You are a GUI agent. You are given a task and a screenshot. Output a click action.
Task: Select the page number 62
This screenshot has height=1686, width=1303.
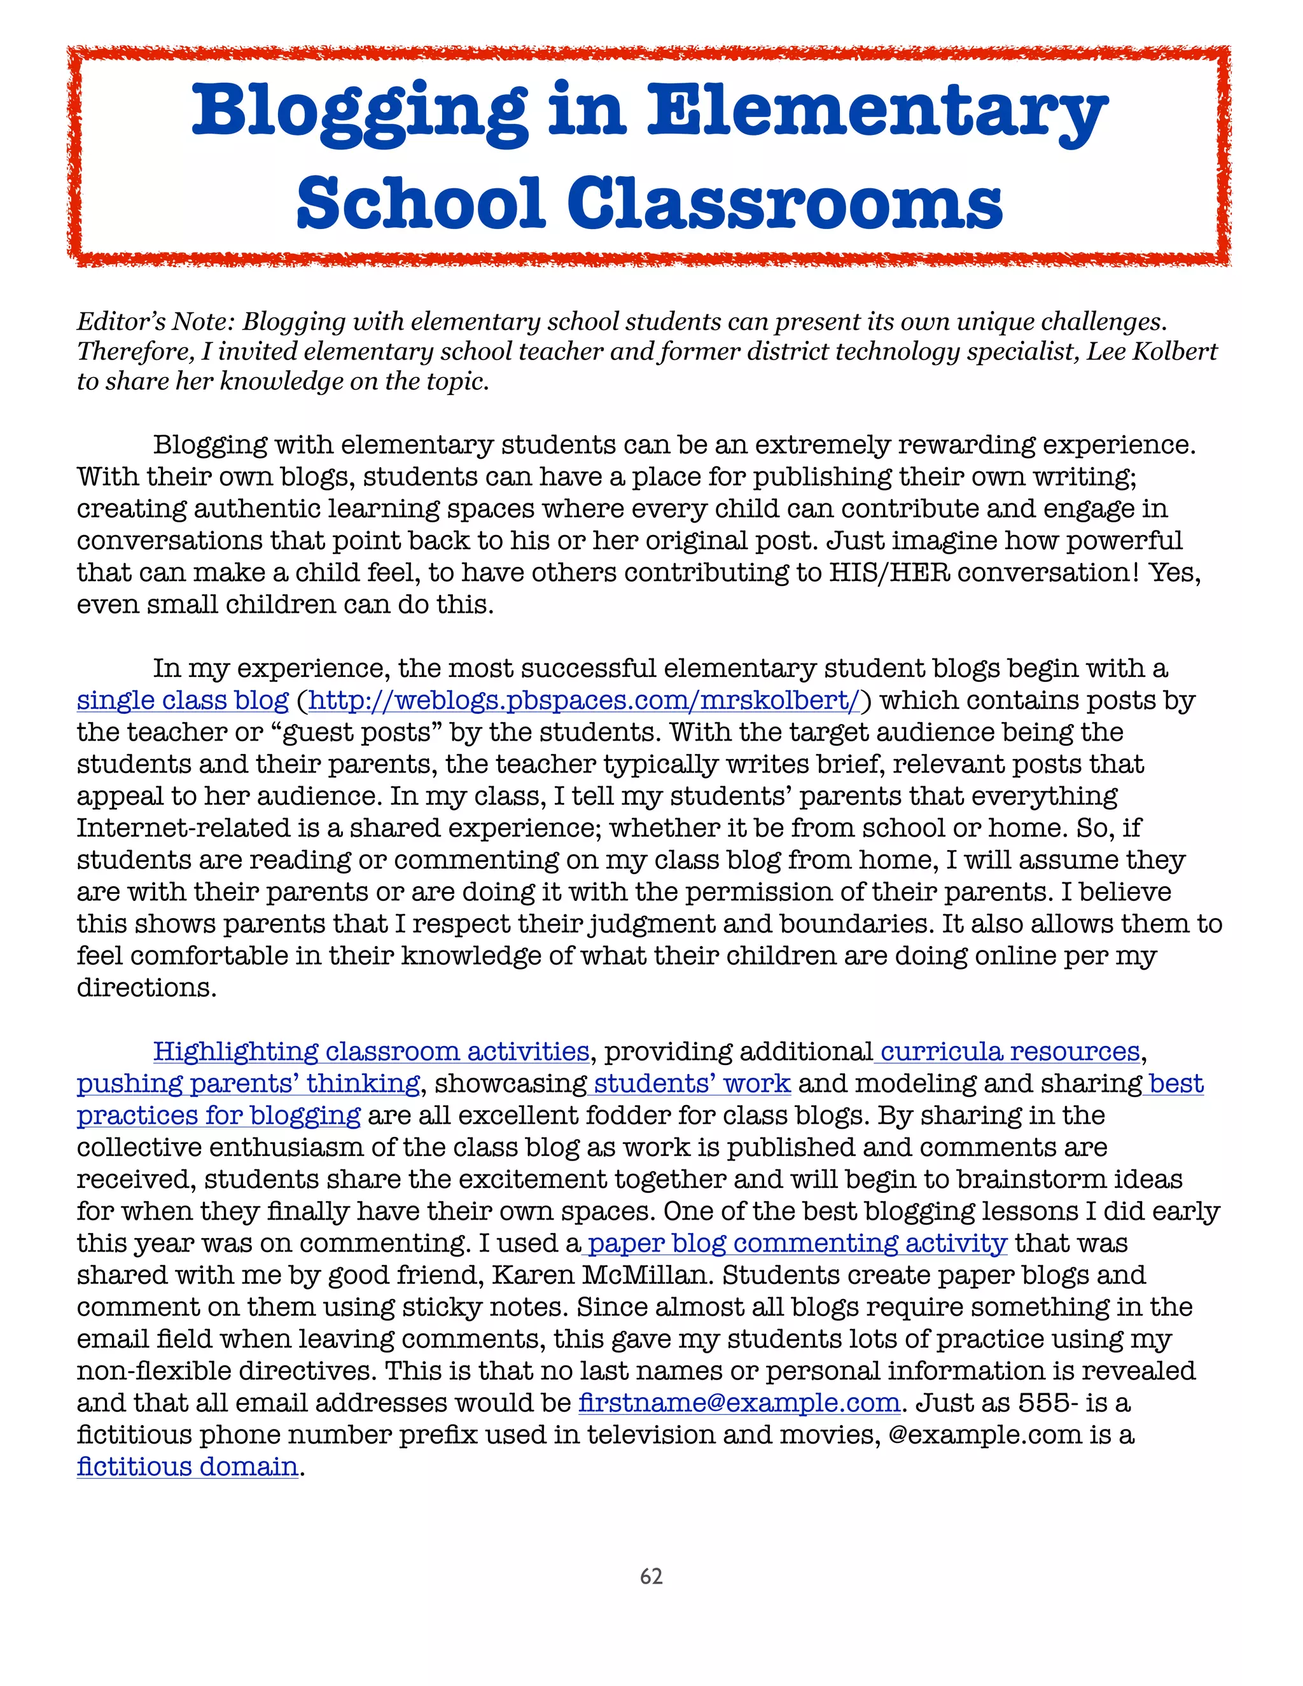(x=651, y=1577)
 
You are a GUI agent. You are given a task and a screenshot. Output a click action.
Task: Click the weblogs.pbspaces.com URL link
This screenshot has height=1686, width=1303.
(x=583, y=700)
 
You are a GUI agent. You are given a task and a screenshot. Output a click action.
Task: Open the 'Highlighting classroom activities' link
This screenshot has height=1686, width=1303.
(x=370, y=1052)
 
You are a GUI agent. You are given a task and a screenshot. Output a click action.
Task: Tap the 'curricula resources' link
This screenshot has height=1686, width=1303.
(x=1010, y=1052)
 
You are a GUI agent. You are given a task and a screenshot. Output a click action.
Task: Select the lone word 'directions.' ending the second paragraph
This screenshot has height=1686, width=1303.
(x=147, y=987)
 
